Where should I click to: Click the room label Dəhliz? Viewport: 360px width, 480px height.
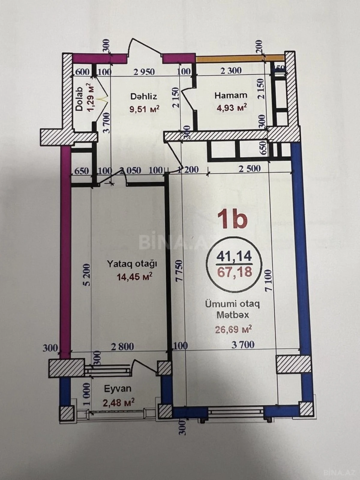144,96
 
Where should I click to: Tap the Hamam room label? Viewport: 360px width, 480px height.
231,95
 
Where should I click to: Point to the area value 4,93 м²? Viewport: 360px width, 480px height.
232,107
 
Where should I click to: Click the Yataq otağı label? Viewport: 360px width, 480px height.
132,264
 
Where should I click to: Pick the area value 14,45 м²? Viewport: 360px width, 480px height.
134,277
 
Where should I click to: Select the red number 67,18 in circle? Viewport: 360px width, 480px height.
234,272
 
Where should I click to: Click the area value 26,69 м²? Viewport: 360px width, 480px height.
233,330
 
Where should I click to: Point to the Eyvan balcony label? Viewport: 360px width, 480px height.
118,389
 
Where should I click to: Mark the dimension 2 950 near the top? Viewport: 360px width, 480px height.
144,72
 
